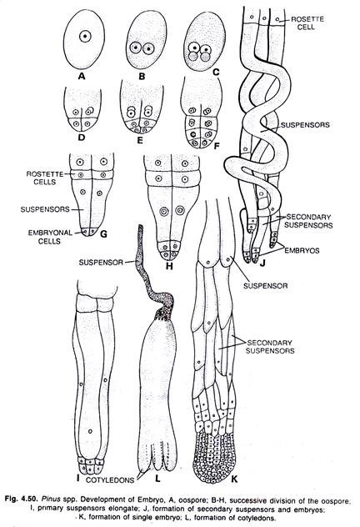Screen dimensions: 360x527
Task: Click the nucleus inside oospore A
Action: (x=85, y=36)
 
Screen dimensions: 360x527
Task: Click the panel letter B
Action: (x=142, y=76)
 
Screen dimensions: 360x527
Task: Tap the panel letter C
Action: (x=216, y=72)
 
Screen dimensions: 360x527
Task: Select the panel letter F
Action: (x=217, y=146)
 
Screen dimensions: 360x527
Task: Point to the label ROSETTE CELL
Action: (x=307, y=23)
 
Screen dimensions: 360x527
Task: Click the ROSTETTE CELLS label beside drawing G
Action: (x=45, y=178)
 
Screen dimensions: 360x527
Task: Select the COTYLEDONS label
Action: (x=110, y=480)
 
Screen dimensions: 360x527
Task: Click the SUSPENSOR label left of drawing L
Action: (x=101, y=262)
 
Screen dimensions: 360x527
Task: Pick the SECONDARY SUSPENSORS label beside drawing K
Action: (x=270, y=347)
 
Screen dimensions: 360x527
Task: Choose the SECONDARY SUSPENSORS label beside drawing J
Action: (x=308, y=221)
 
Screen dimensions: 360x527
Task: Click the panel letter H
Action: (x=169, y=267)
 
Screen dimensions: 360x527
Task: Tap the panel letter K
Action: (x=234, y=479)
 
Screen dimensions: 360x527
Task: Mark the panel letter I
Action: (x=77, y=477)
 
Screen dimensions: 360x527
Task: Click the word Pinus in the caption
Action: (x=49, y=498)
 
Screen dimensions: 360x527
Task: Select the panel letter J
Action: (x=262, y=263)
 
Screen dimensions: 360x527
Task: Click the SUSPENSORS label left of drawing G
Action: (x=45, y=209)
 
